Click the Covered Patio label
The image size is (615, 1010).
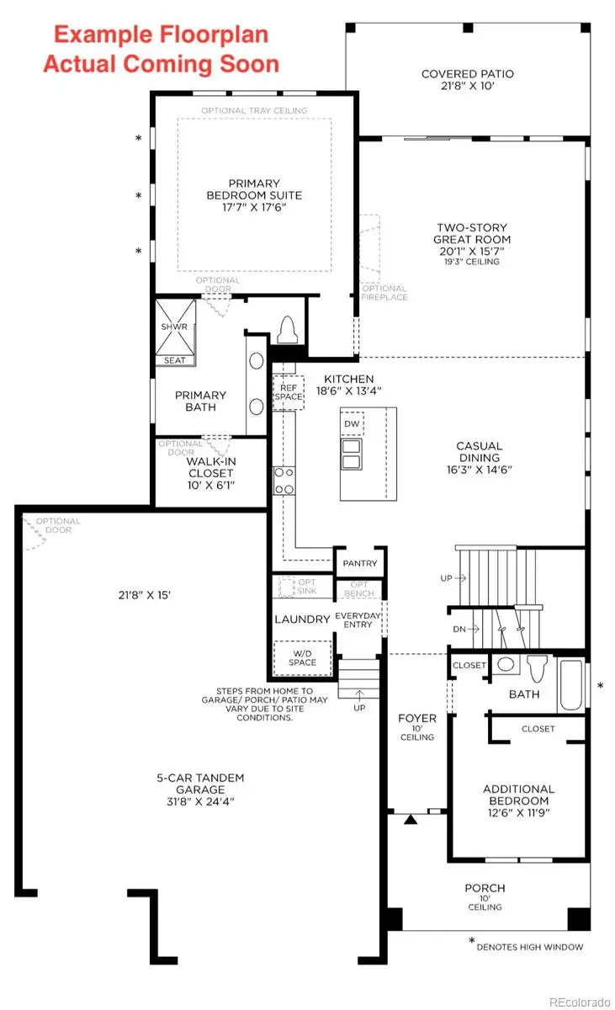467,74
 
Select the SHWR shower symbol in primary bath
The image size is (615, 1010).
175,327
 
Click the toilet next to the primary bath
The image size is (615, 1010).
288,331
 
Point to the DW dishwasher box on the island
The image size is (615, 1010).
353,423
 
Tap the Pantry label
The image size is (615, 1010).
360,563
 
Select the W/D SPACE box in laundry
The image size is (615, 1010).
302,656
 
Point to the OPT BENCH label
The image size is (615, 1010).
359,589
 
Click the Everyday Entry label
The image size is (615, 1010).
359,619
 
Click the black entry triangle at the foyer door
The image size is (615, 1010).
411,818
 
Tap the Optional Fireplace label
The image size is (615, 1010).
384,292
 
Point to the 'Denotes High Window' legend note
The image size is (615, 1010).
528,947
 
